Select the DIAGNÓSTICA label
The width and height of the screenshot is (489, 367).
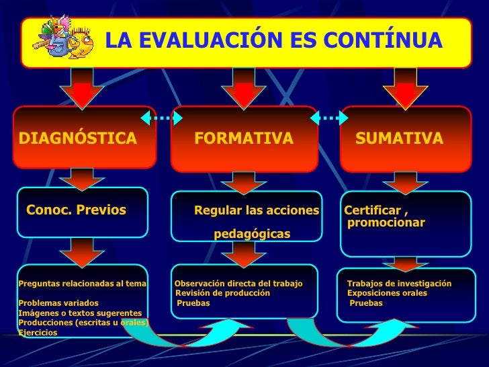(78, 139)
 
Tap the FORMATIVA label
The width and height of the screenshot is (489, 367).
(244, 139)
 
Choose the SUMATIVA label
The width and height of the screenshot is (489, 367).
(399, 139)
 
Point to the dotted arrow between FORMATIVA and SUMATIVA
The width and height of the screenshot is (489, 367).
(329, 118)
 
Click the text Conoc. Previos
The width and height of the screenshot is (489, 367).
(76, 210)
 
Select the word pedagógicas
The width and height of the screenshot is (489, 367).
(252, 234)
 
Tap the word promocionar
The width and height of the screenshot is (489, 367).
(386, 222)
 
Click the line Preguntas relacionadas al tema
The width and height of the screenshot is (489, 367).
(83, 284)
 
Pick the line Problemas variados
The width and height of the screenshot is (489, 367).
(58, 303)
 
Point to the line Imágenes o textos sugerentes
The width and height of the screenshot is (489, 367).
(80, 313)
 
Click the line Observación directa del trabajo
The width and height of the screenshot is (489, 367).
(238, 284)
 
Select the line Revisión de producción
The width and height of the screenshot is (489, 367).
(223, 293)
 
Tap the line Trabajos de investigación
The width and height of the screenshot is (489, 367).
(399, 284)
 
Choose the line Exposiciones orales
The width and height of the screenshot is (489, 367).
(387, 293)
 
